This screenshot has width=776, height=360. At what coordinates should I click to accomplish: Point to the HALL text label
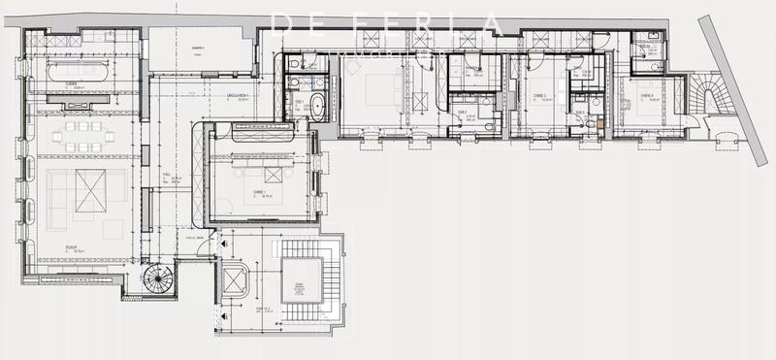(167, 175)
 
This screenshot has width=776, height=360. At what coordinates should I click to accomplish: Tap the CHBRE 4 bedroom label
(645, 95)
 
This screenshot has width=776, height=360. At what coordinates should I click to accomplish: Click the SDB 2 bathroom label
(463, 112)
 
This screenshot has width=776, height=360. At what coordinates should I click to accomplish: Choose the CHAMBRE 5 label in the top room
(196, 48)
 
